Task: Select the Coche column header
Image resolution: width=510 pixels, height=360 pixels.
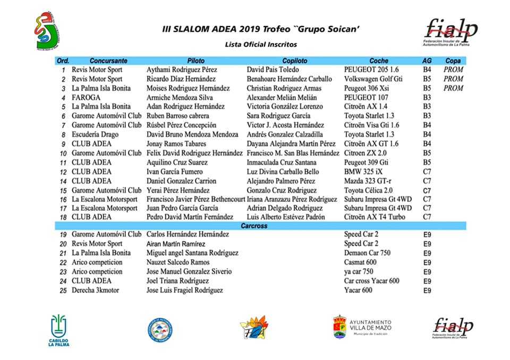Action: [379, 61]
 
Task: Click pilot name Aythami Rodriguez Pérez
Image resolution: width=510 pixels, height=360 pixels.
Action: [182, 70]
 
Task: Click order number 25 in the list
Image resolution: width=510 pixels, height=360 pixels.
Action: [63, 291]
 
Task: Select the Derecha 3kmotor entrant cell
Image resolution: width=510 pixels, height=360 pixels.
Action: [96, 290]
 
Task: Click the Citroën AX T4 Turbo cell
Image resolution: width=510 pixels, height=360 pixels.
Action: [375, 217]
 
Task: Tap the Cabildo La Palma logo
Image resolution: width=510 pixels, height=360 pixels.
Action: [59, 329]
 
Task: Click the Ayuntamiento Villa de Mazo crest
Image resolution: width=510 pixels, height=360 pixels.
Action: [339, 327]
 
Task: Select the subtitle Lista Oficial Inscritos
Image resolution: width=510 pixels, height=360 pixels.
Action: [261, 45]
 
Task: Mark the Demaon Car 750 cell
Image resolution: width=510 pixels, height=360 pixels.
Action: [367, 253]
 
